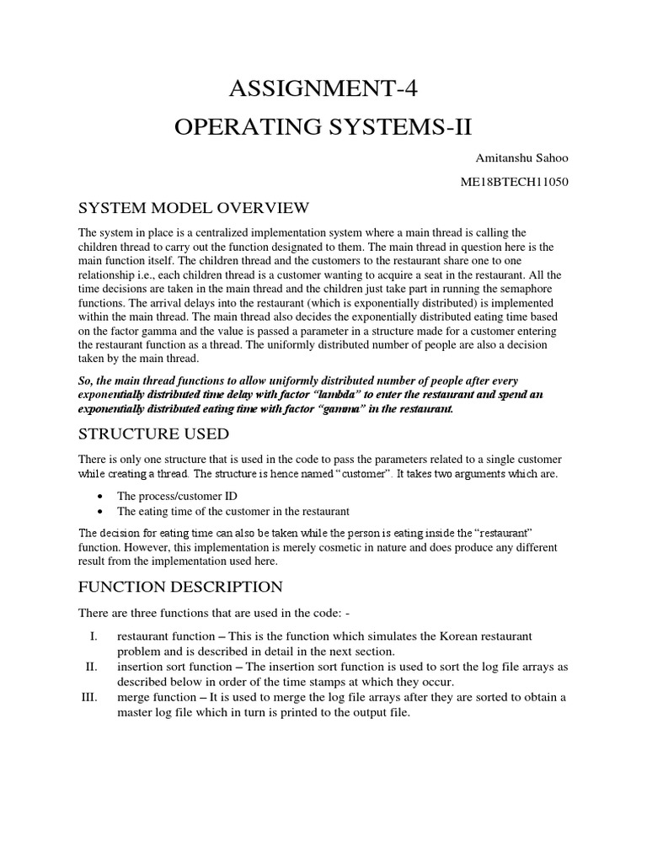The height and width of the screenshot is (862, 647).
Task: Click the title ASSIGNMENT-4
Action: tap(323, 87)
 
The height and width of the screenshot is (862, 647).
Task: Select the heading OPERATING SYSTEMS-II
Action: tap(323, 126)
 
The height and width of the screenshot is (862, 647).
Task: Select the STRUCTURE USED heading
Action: tap(153, 434)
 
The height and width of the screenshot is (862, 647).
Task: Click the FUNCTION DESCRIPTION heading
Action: tap(180, 586)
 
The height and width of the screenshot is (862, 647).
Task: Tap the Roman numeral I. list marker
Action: tap(95, 635)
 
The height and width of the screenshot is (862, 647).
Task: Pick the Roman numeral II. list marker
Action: tap(93, 667)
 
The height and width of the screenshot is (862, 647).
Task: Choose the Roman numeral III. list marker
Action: tap(91, 697)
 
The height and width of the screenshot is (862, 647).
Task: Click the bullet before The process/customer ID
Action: tap(101, 495)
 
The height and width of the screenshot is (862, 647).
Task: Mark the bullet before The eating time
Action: tap(101, 511)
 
